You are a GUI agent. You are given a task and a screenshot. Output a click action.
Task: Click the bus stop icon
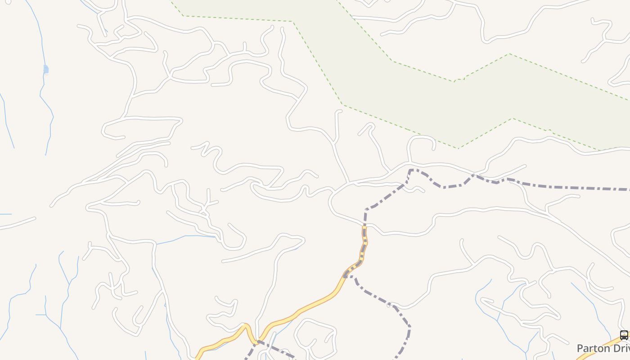624,335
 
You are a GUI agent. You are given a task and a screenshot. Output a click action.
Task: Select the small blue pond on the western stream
46,69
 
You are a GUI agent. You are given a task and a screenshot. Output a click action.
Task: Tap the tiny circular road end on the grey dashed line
389,305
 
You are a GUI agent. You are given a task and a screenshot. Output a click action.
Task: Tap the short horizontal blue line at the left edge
5,214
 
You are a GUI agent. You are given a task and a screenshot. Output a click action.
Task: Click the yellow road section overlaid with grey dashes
364,247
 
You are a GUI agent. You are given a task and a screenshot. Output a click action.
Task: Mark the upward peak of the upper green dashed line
510,54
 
